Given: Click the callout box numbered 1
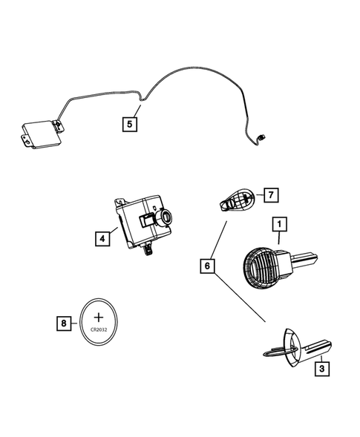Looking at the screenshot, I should coord(280,223).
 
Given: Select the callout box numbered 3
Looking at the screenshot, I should coord(321,367).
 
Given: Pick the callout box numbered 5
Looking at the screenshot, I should coord(130,123).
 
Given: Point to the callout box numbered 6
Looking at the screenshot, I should coord(209,264).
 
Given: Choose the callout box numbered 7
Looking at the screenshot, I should coord(271,195).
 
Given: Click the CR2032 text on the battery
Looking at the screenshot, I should coord(98,332).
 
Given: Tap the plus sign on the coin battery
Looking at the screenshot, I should coord(98,316).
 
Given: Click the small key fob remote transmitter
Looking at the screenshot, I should coord(236,200).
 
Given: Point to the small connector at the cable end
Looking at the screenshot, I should coord(262,137).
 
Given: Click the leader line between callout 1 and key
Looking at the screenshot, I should coord(278,238).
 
